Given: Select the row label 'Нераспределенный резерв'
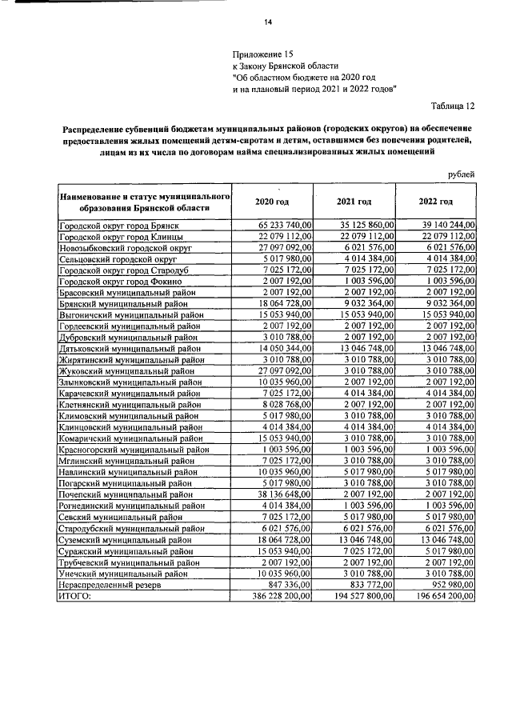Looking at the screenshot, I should pos(110,585).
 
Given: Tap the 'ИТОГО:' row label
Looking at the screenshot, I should pos(75,596).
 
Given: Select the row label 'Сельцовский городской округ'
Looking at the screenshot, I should pos(117,260).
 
